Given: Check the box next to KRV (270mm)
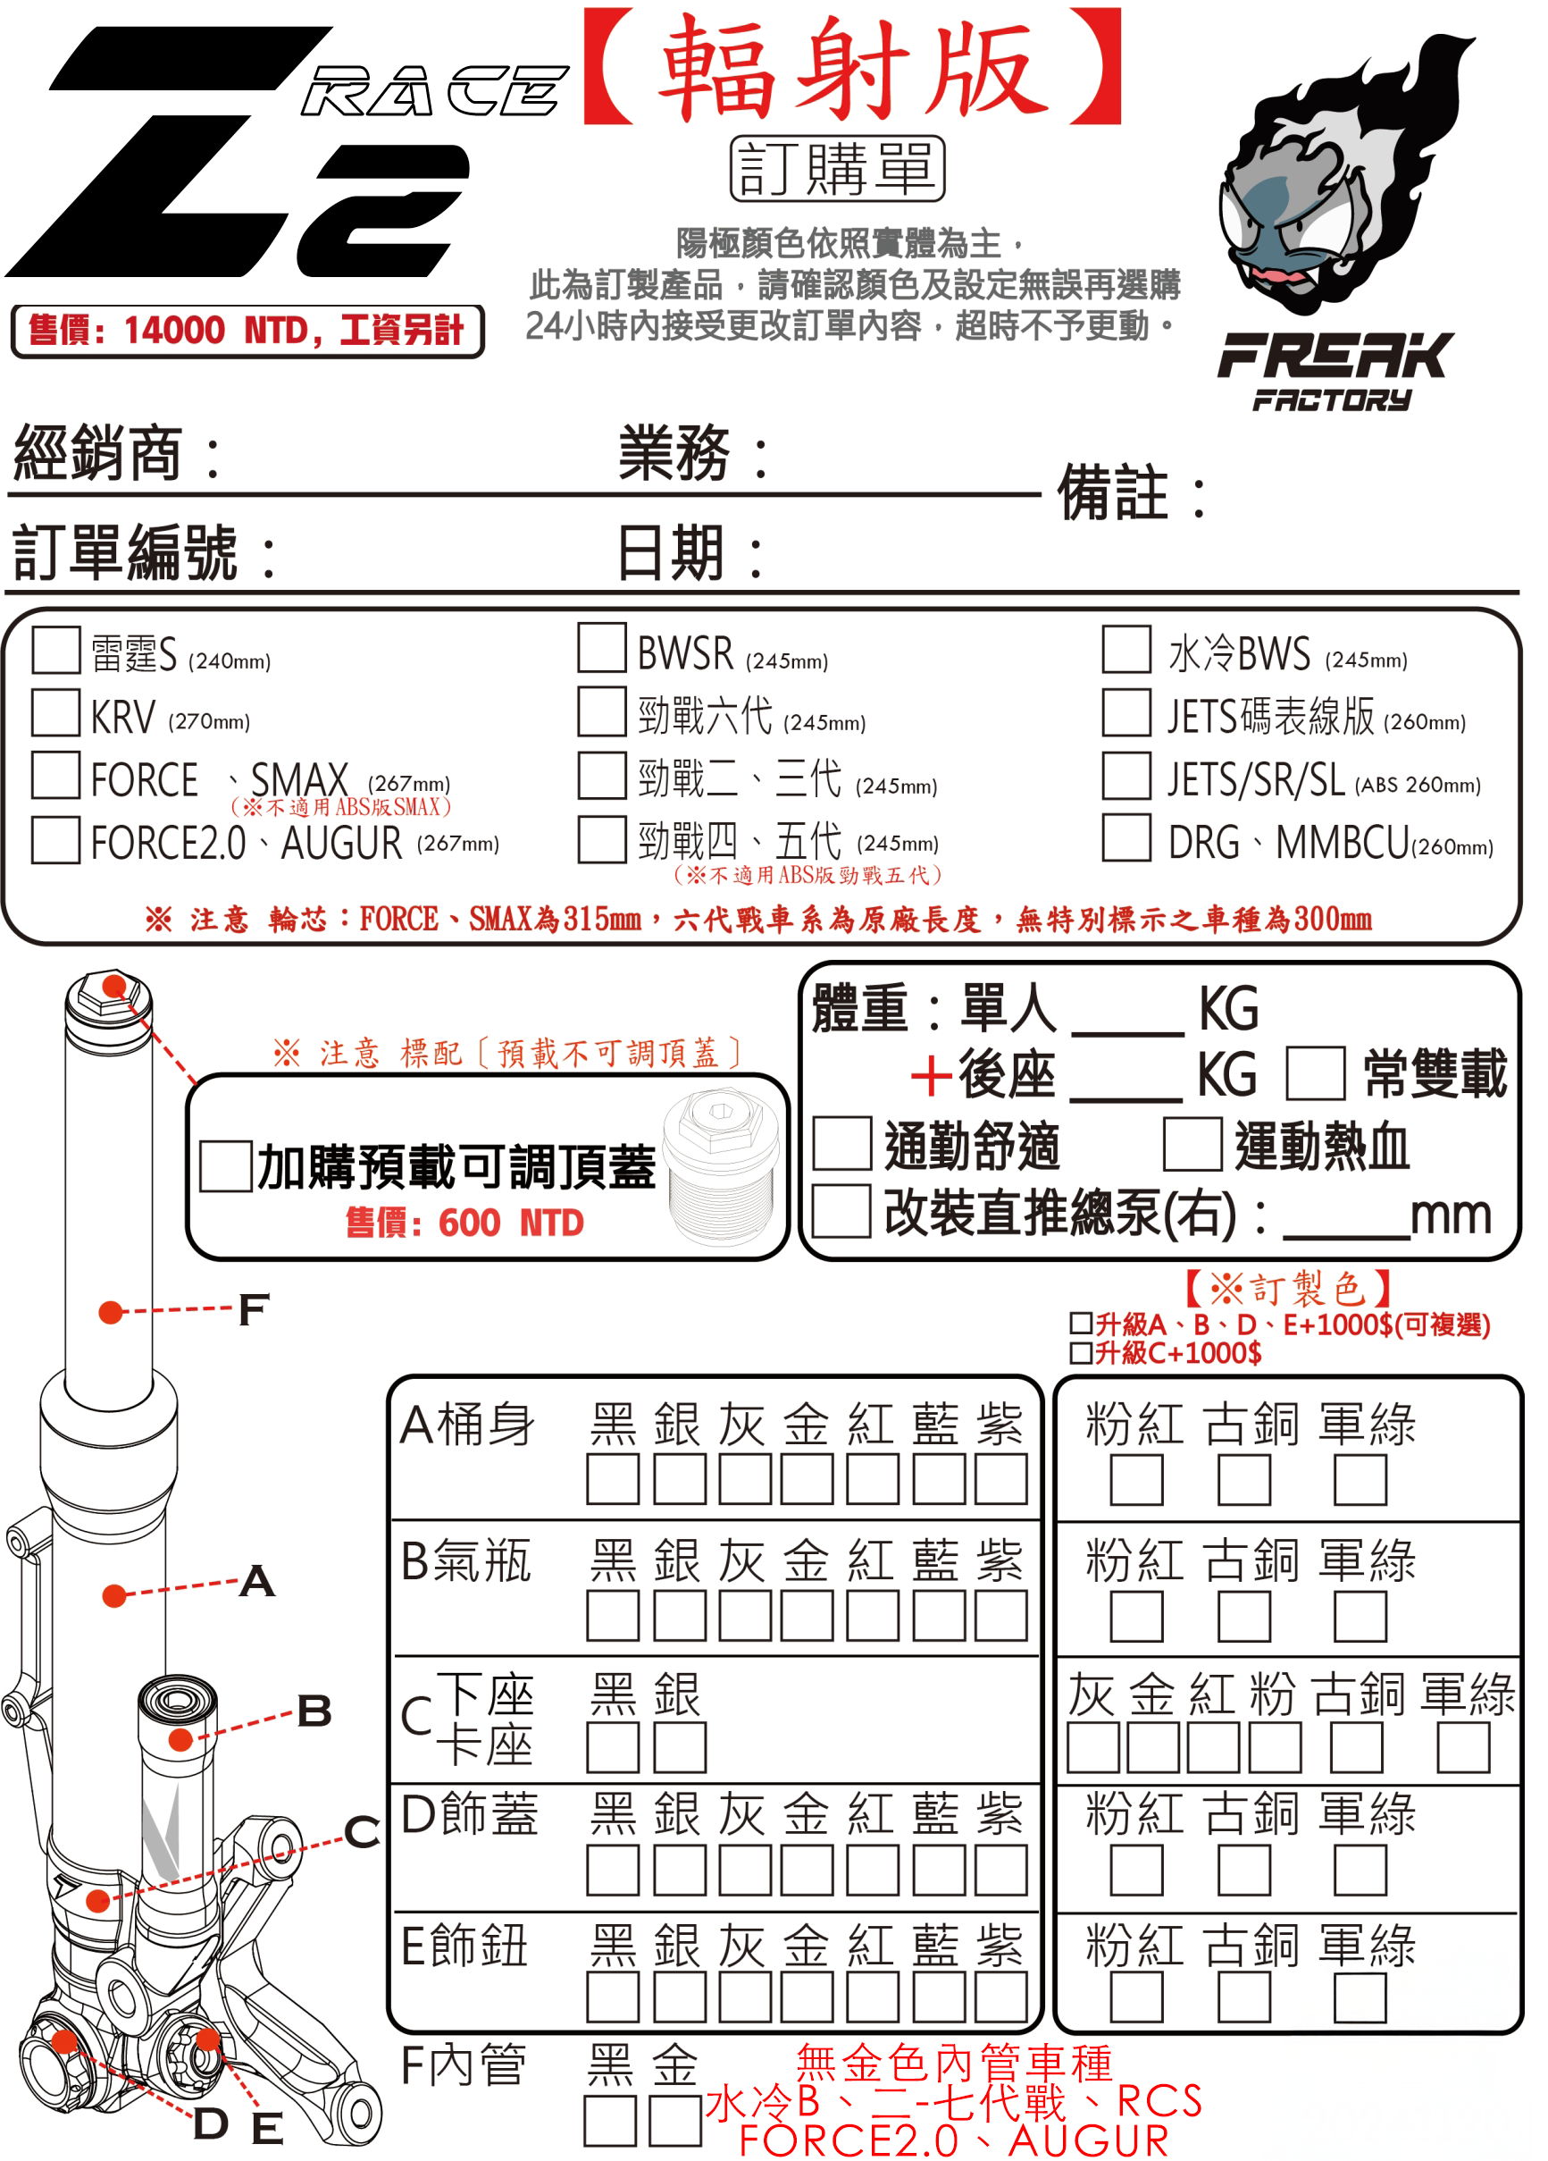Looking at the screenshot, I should click(55, 712).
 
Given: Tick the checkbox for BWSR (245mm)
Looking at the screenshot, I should click(601, 648).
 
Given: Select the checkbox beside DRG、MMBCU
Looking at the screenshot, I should click(1126, 837).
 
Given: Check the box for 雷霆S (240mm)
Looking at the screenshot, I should click(55, 650).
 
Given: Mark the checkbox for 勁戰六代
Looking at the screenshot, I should click(601, 711).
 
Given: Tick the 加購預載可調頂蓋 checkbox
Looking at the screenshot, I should click(226, 1166).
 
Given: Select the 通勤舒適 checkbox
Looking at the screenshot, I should click(841, 1143).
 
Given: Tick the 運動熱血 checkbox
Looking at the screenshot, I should click(1192, 1143).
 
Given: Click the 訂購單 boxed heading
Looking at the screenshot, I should click(836, 169).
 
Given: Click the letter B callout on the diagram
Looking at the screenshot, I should click(314, 1710).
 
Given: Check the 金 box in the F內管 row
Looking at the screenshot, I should click(675, 2120).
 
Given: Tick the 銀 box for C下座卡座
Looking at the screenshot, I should click(679, 1747).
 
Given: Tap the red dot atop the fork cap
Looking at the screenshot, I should click(113, 985).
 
